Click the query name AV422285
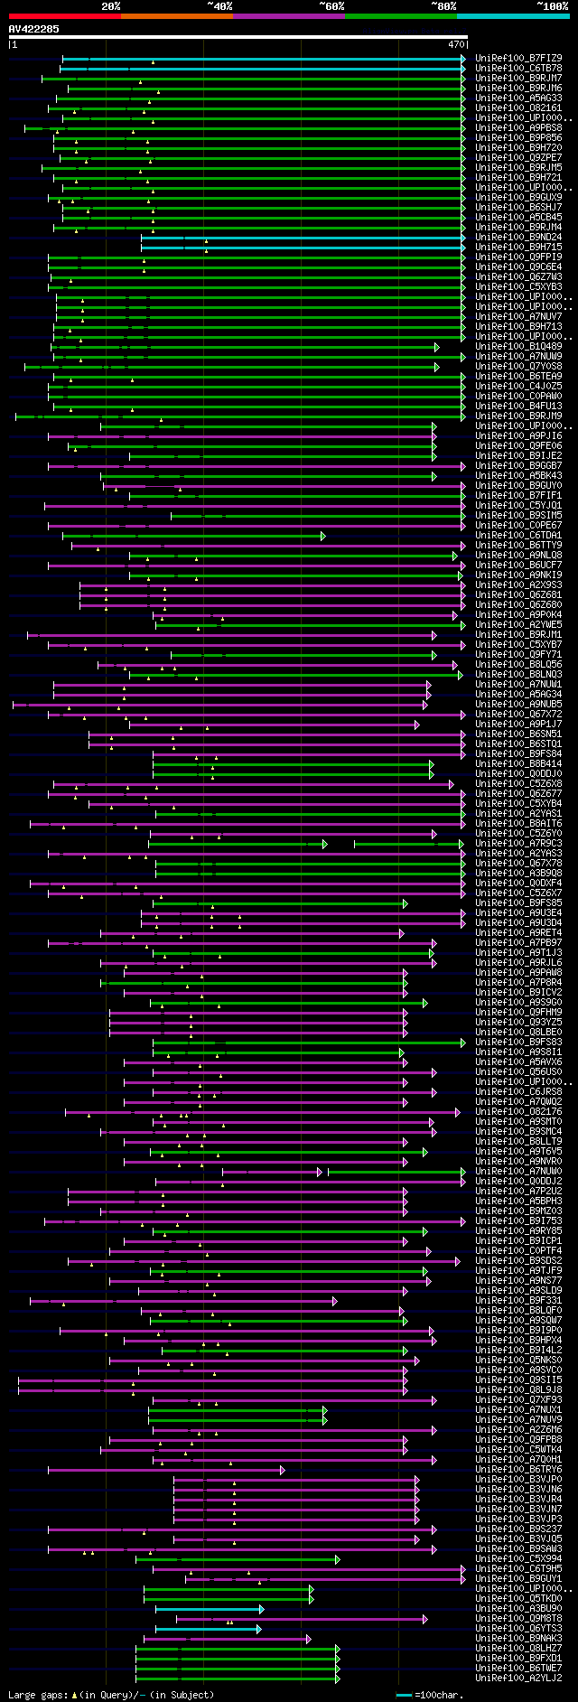34,29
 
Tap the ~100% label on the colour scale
552,6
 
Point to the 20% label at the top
111,6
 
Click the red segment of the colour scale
64,16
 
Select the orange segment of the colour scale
176,16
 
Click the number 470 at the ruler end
456,43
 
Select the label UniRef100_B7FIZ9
518,58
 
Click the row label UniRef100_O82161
518,108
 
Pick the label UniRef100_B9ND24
518,238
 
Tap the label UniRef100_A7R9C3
518,844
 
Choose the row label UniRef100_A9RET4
518,933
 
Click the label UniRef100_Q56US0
518,1072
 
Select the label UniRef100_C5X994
518,1559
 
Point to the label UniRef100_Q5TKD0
518,1599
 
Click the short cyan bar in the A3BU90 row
209,1609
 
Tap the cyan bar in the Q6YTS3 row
207,1629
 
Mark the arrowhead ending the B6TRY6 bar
282,1470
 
